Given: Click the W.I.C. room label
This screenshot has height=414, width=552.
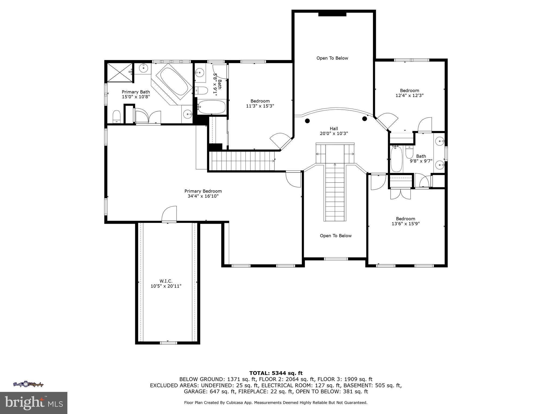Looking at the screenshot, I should coord(166,281).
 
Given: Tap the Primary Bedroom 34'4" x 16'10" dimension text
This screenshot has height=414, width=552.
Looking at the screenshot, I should coord(203,196).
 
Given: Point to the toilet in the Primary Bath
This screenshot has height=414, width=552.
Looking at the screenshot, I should coord(116,116).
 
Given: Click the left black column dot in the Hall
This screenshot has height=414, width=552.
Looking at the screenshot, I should coord(307,121).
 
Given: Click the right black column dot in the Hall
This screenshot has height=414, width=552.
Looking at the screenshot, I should coord(365,119).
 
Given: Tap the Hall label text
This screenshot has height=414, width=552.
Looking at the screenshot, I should coord(334,129).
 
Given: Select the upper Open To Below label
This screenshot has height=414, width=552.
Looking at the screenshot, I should coord(332,58).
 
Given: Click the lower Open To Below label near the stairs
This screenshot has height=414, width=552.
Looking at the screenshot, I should coord(336,236).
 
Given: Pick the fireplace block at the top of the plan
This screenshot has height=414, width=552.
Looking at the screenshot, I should coord(332,14).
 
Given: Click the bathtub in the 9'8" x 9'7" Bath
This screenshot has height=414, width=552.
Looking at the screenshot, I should coord(396,159).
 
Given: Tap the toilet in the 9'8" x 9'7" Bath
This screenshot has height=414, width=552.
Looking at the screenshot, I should coord(409,152).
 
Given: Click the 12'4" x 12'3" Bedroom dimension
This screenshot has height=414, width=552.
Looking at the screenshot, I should coord(409,95).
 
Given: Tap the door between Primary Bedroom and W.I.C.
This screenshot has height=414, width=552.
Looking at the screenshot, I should coord(169,214).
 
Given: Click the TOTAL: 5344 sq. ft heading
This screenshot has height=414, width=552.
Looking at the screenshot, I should coord(276,373).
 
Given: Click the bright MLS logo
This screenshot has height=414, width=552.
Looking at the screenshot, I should coord(34,403).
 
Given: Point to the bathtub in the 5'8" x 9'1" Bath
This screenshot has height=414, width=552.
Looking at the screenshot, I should coord(212,107).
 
